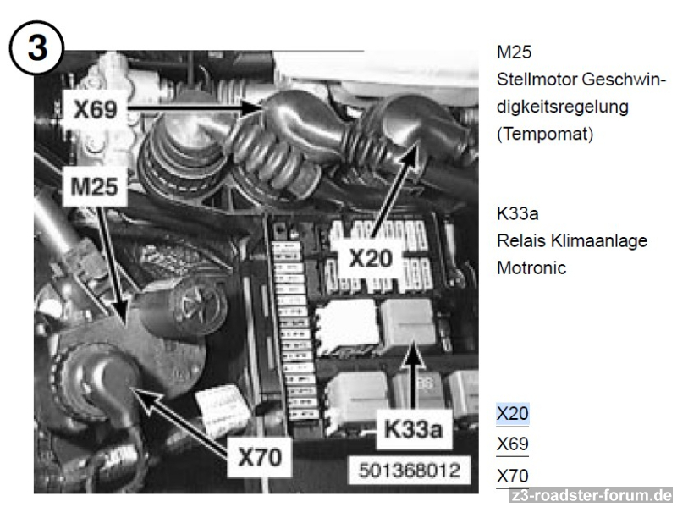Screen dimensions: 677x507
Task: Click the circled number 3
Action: (36, 47)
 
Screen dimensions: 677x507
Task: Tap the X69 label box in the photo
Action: (95, 108)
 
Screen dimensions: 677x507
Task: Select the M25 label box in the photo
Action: (95, 186)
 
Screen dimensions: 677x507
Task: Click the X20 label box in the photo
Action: (371, 258)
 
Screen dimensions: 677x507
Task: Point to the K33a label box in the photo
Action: (414, 429)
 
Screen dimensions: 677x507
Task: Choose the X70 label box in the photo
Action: (260, 457)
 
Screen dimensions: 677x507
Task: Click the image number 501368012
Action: (410, 471)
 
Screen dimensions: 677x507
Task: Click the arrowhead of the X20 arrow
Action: (412, 150)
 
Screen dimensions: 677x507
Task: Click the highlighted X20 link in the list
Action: (513, 413)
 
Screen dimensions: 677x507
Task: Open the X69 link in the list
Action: (513, 444)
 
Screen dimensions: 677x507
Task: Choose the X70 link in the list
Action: (513, 476)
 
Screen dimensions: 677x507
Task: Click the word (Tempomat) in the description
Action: (545, 134)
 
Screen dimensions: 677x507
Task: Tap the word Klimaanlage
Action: (599, 240)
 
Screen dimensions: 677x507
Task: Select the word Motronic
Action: (531, 267)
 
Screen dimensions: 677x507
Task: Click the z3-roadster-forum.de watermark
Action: (591, 495)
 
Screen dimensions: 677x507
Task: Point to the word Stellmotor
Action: (537, 80)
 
